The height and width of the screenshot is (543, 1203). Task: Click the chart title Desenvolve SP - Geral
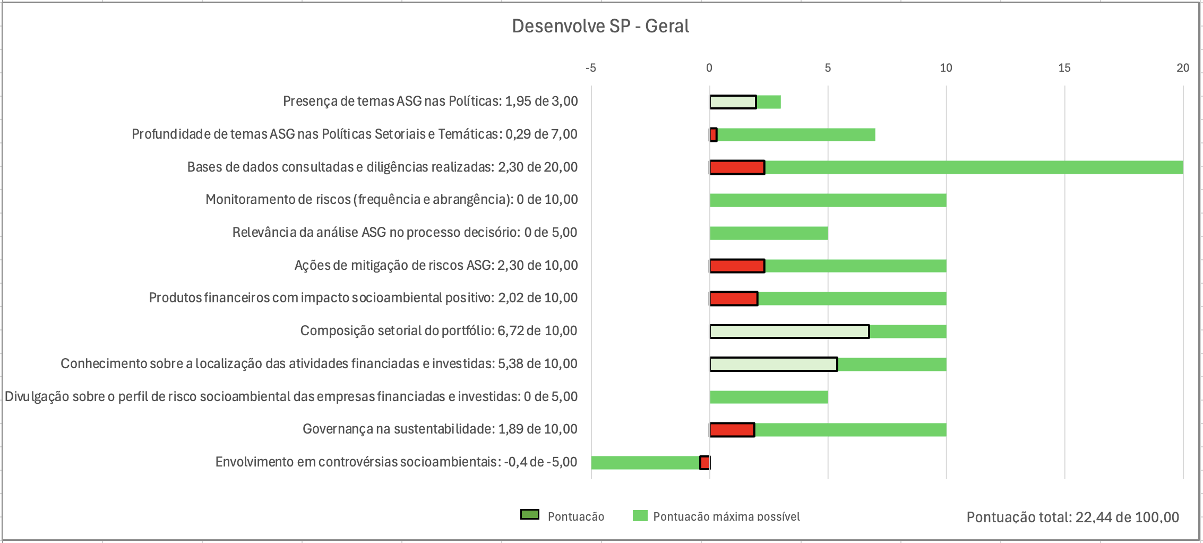(600, 26)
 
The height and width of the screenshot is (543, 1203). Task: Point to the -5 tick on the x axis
(590, 68)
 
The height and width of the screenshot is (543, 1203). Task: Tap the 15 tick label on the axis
(1064, 68)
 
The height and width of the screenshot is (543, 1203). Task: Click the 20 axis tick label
(1182, 68)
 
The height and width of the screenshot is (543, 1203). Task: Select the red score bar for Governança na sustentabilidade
(732, 430)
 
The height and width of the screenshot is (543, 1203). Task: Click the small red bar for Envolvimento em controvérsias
(704, 463)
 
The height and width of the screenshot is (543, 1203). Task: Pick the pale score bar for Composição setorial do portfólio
(789, 332)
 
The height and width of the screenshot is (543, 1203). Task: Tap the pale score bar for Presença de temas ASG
(733, 102)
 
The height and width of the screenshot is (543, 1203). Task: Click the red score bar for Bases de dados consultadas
(737, 167)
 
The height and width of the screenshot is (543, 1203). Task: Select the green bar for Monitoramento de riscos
(828, 200)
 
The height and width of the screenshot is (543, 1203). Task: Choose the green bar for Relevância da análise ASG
(769, 233)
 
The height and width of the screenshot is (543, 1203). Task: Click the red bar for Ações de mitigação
(737, 266)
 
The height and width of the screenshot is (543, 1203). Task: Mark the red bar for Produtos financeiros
(734, 299)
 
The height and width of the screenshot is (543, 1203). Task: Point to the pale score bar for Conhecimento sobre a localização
(774, 364)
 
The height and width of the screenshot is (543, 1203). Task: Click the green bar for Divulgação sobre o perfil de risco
(769, 397)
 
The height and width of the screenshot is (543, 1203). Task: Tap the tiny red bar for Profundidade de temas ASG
(714, 135)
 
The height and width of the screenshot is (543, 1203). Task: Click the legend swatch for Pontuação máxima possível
(640, 516)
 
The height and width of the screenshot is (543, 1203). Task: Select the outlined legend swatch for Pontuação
(530, 515)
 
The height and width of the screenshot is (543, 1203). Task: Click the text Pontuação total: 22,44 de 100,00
(1072, 517)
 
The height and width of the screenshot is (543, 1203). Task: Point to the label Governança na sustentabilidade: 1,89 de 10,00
(440, 429)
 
